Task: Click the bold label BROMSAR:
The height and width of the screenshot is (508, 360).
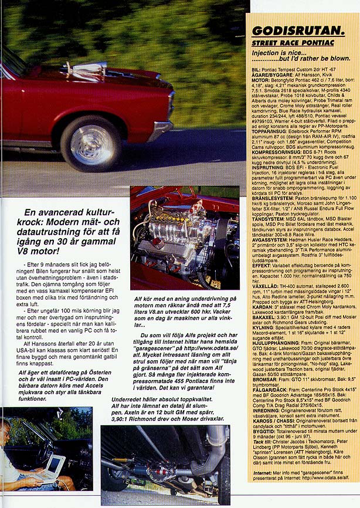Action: tap(264, 380)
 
